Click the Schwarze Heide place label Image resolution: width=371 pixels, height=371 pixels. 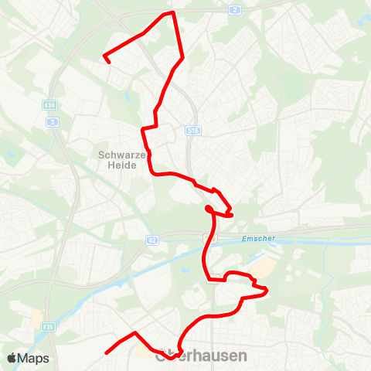[x=117, y=159]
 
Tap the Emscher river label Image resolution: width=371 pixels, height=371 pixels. [x=258, y=238]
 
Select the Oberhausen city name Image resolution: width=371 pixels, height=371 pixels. [x=201, y=357]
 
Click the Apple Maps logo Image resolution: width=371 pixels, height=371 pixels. [x=29, y=358]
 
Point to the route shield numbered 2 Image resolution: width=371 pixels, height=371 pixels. [x=235, y=10]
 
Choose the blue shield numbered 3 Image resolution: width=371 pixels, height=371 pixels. [x=53, y=121]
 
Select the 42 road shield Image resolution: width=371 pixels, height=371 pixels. [x=152, y=241]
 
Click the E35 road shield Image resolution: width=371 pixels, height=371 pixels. [x=47, y=326]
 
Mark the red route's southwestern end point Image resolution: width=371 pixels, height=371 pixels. [x=106, y=352]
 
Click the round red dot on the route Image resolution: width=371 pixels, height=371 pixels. [x=209, y=209]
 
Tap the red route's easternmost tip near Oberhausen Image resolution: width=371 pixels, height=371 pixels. [x=267, y=291]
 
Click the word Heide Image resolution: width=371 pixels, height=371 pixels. [x=117, y=165]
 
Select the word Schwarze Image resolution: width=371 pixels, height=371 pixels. [x=117, y=154]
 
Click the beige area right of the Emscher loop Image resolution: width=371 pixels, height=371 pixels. [x=262, y=267]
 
